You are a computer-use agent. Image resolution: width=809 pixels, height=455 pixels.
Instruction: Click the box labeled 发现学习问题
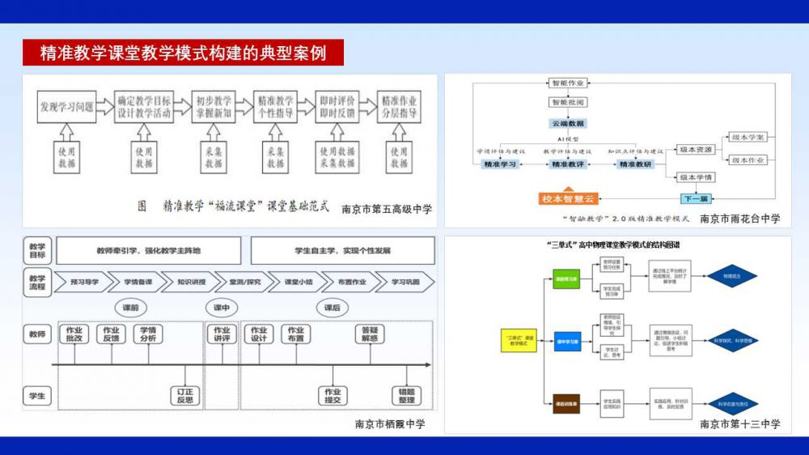(x=66, y=106)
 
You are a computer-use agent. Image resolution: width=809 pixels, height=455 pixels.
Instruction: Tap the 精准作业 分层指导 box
(x=399, y=107)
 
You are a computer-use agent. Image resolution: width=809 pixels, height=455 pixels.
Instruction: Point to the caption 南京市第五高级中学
(x=387, y=208)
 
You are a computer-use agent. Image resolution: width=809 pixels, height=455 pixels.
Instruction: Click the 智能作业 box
(x=570, y=83)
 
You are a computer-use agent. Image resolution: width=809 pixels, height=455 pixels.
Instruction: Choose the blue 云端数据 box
(x=570, y=123)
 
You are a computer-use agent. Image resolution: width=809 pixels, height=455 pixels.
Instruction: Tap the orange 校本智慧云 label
(x=567, y=198)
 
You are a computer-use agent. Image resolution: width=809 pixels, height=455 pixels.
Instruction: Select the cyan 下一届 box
(x=695, y=198)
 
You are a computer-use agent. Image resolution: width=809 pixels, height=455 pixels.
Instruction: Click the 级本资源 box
(x=695, y=150)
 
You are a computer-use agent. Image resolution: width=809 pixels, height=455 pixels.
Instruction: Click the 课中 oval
(x=222, y=308)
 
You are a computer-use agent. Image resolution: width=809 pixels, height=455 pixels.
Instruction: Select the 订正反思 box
(x=185, y=395)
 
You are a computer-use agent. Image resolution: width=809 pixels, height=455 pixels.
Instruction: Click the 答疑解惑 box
(x=370, y=334)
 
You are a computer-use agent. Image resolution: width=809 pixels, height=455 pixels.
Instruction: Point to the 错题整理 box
(x=406, y=395)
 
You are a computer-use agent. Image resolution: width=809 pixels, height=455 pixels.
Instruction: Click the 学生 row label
(x=37, y=395)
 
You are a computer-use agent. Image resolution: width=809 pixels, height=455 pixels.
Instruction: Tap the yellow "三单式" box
(x=519, y=340)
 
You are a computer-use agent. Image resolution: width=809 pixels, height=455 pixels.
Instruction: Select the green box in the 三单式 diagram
(x=566, y=278)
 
